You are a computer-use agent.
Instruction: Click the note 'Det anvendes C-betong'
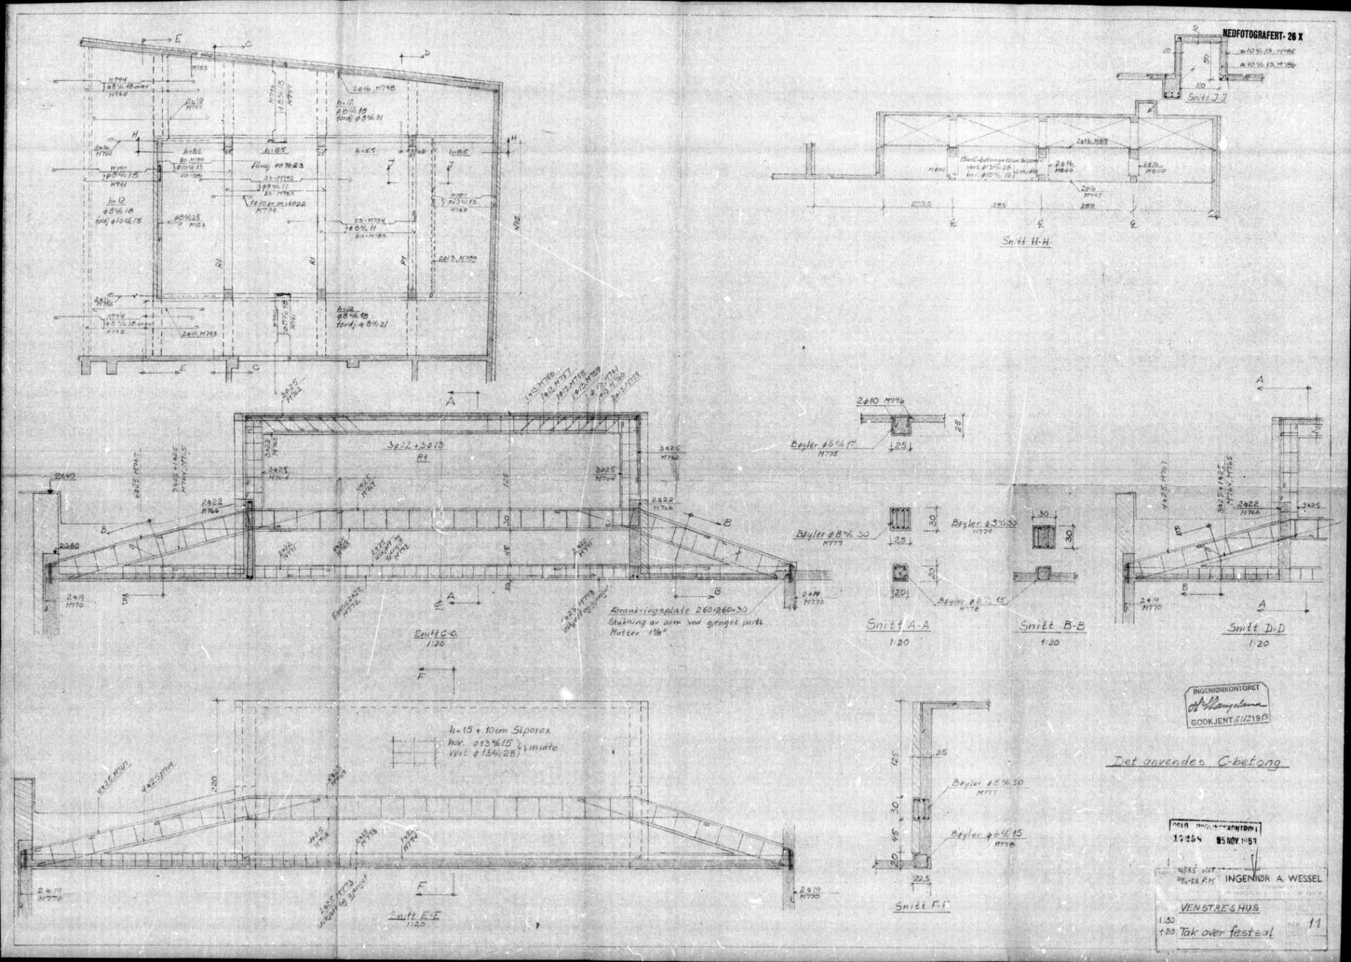pos(1197,762)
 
